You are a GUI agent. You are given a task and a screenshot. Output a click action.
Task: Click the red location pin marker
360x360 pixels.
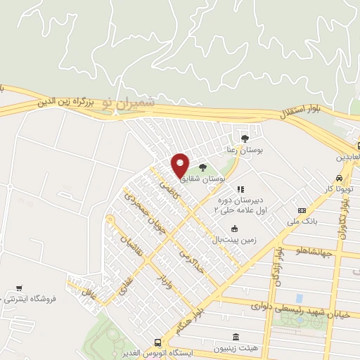181,165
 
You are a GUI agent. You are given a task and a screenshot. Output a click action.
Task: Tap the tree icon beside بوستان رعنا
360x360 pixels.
244,138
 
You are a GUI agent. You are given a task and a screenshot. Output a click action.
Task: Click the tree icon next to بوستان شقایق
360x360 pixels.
202,167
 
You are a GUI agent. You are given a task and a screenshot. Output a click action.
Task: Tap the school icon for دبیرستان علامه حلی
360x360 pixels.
240,188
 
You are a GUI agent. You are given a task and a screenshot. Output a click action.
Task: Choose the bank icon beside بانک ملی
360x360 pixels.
302,210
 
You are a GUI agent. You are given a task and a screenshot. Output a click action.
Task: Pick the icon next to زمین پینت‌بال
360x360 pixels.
234,229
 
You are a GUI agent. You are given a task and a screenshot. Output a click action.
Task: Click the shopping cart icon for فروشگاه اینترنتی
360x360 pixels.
19,288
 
